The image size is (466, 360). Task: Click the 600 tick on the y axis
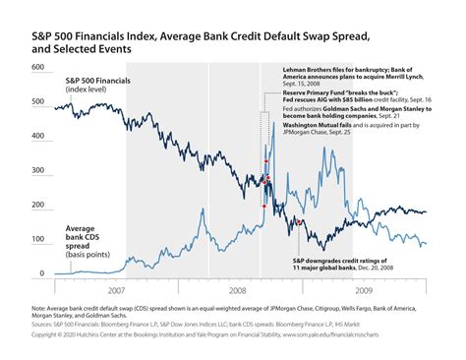[x=38, y=68]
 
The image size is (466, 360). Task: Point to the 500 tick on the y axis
[x=38, y=102]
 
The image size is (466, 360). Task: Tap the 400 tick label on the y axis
[x=38, y=137]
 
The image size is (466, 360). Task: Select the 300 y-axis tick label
[x=38, y=171]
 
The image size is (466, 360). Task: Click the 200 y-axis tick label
[x=38, y=206]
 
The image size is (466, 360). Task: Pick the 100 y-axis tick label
[x=38, y=240]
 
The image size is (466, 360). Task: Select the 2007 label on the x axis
[x=117, y=292]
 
